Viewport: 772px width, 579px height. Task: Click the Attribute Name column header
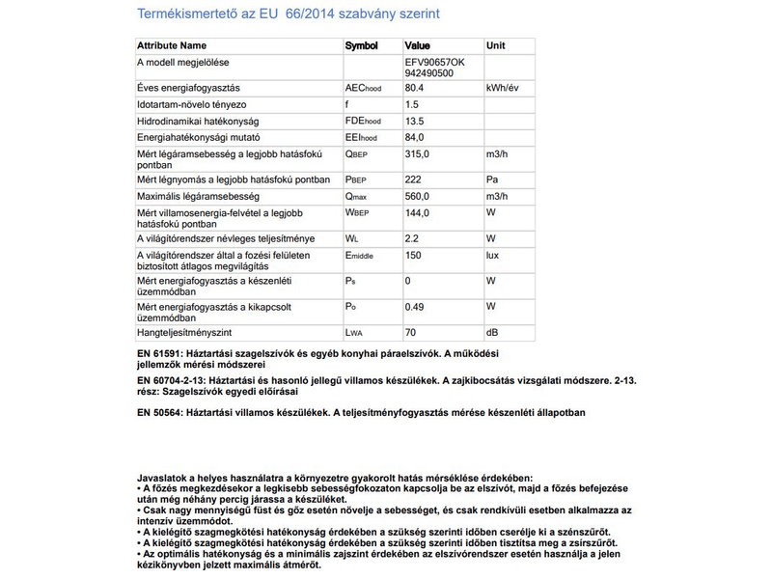pos(172,45)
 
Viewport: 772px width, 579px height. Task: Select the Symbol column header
pos(362,45)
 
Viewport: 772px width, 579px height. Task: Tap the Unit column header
pos(496,45)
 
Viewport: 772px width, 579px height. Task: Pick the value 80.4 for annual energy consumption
pos(416,88)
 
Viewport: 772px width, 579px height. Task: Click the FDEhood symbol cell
pos(364,121)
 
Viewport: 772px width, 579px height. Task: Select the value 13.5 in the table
pos(416,121)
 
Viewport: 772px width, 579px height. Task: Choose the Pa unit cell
pos(492,179)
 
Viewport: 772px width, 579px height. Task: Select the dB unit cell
pos(492,332)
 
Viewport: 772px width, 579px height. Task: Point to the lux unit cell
pos(493,255)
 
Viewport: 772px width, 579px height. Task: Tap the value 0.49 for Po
pos(416,306)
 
